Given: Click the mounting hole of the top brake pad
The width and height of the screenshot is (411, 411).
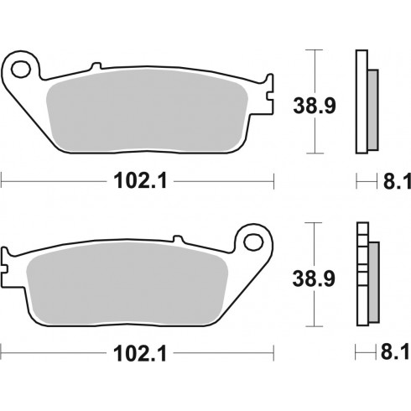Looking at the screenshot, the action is click(x=21, y=69).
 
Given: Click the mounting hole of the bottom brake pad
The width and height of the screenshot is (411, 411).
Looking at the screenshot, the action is click(x=253, y=242).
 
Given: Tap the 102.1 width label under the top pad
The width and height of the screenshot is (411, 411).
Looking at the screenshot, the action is click(x=140, y=181).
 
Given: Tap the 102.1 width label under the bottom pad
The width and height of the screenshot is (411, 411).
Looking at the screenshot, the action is click(x=140, y=353).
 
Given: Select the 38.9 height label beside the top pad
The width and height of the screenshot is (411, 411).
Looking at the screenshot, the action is click(x=315, y=106).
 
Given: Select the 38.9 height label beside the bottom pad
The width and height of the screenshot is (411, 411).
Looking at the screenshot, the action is click(x=314, y=278).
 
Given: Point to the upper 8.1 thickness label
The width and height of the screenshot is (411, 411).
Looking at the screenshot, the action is click(x=397, y=181).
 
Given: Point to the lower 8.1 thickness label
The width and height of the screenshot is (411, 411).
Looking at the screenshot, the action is click(x=396, y=352).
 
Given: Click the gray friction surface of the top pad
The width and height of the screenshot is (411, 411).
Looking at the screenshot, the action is click(x=147, y=111).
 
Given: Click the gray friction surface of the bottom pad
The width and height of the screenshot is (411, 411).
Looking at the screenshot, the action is click(x=127, y=283).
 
